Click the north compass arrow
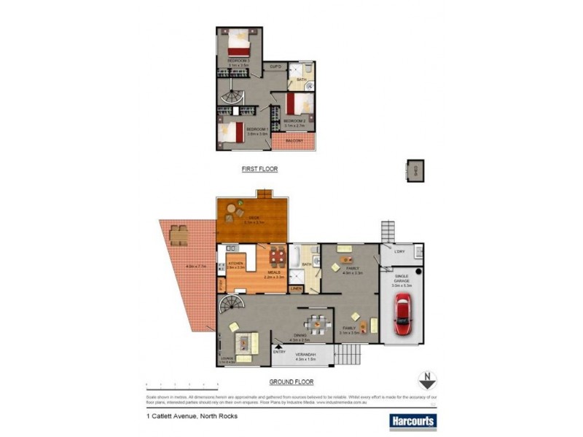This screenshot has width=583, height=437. pyautogui.click(x=426, y=380)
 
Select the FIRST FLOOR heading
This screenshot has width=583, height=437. pyautogui.click(x=259, y=168)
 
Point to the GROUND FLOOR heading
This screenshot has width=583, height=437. pyautogui.click(x=291, y=381)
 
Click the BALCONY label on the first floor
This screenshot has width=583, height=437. pyautogui.click(x=294, y=139)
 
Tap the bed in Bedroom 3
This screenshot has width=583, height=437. pyautogui.click(x=239, y=41)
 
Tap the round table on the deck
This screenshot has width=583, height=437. pyautogui.click(x=232, y=212)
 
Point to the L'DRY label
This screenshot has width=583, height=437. pyautogui.click(x=399, y=252)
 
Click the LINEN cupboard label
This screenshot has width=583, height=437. pyautogui.click(x=296, y=288)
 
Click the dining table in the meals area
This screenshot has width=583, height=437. pyautogui.click(x=275, y=257)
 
